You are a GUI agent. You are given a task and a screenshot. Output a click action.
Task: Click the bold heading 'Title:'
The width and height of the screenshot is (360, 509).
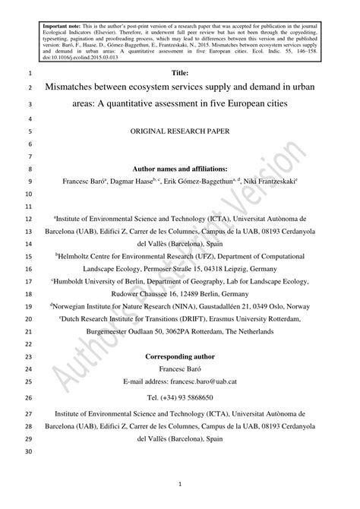[x=180, y=74]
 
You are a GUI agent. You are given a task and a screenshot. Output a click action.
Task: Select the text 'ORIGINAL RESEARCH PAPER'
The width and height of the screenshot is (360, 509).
[x=180, y=131]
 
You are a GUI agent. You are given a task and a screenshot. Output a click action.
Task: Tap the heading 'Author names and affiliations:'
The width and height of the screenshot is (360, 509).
[x=180, y=169]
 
